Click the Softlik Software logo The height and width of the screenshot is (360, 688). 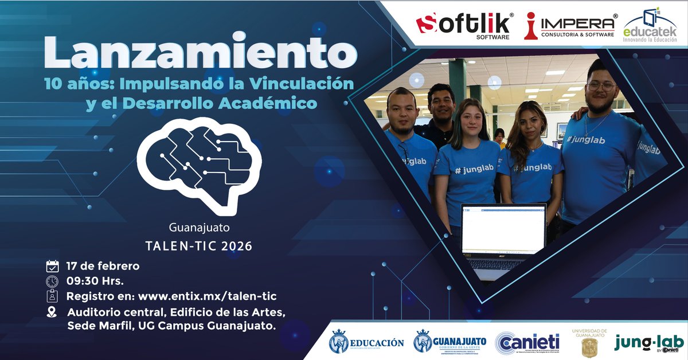tap(464, 25)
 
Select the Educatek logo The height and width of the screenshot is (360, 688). tap(650, 26)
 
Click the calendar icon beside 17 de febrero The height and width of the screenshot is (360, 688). tap(52, 266)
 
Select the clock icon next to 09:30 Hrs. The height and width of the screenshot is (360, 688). tap(52, 281)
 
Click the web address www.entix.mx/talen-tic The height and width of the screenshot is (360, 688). tap(207, 296)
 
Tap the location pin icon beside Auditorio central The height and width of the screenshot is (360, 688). tap(52, 312)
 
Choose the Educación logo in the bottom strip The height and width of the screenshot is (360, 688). tap(366, 343)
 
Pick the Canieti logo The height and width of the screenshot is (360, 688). tap(528, 343)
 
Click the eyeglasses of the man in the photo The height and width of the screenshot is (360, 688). tap(601, 86)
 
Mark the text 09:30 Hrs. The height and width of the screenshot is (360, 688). tap(95, 281)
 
